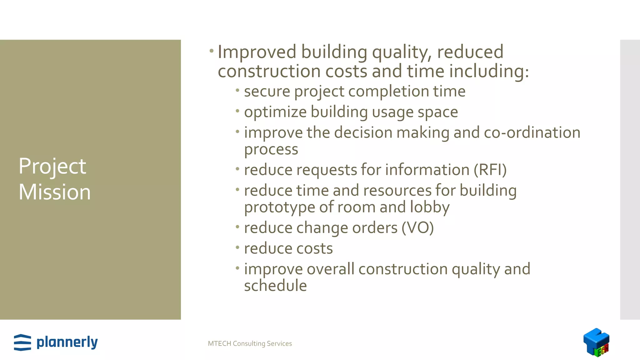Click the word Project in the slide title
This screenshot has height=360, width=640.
click(52, 167)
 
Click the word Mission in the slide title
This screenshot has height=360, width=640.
click(55, 192)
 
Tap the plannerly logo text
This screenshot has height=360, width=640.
click(67, 342)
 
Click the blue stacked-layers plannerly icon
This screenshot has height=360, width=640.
click(22, 342)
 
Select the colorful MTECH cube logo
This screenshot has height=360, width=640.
click(596, 342)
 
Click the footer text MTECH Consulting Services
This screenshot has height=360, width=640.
click(250, 343)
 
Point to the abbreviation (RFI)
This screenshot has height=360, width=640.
click(490, 170)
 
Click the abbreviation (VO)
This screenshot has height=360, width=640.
click(417, 228)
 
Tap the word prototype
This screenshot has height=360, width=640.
click(279, 208)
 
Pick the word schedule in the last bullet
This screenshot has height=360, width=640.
click(275, 286)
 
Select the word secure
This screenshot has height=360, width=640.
click(267, 92)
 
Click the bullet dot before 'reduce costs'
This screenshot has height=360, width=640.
click(237, 247)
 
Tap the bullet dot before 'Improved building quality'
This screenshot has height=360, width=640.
click(212, 50)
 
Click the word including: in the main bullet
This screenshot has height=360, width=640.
click(489, 71)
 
